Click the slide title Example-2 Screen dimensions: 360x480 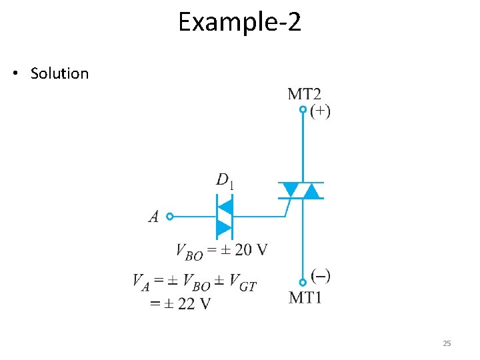click(x=239, y=23)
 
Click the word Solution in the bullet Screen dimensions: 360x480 click(x=59, y=73)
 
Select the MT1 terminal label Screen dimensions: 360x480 click(x=306, y=297)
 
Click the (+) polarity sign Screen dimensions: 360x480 click(x=320, y=111)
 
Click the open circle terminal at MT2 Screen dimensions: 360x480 click(x=303, y=109)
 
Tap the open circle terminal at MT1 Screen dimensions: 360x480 click(x=303, y=283)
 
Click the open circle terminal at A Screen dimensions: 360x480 click(x=170, y=216)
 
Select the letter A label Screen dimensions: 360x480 click(x=154, y=217)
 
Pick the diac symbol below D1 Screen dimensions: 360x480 click(x=225, y=217)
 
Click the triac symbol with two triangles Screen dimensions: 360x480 click(x=300, y=191)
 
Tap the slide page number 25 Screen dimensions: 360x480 click(x=447, y=343)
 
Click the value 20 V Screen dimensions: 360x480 click(x=252, y=250)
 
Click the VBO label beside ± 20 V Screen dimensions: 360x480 click(x=189, y=251)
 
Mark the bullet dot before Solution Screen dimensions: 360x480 click(x=15, y=73)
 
